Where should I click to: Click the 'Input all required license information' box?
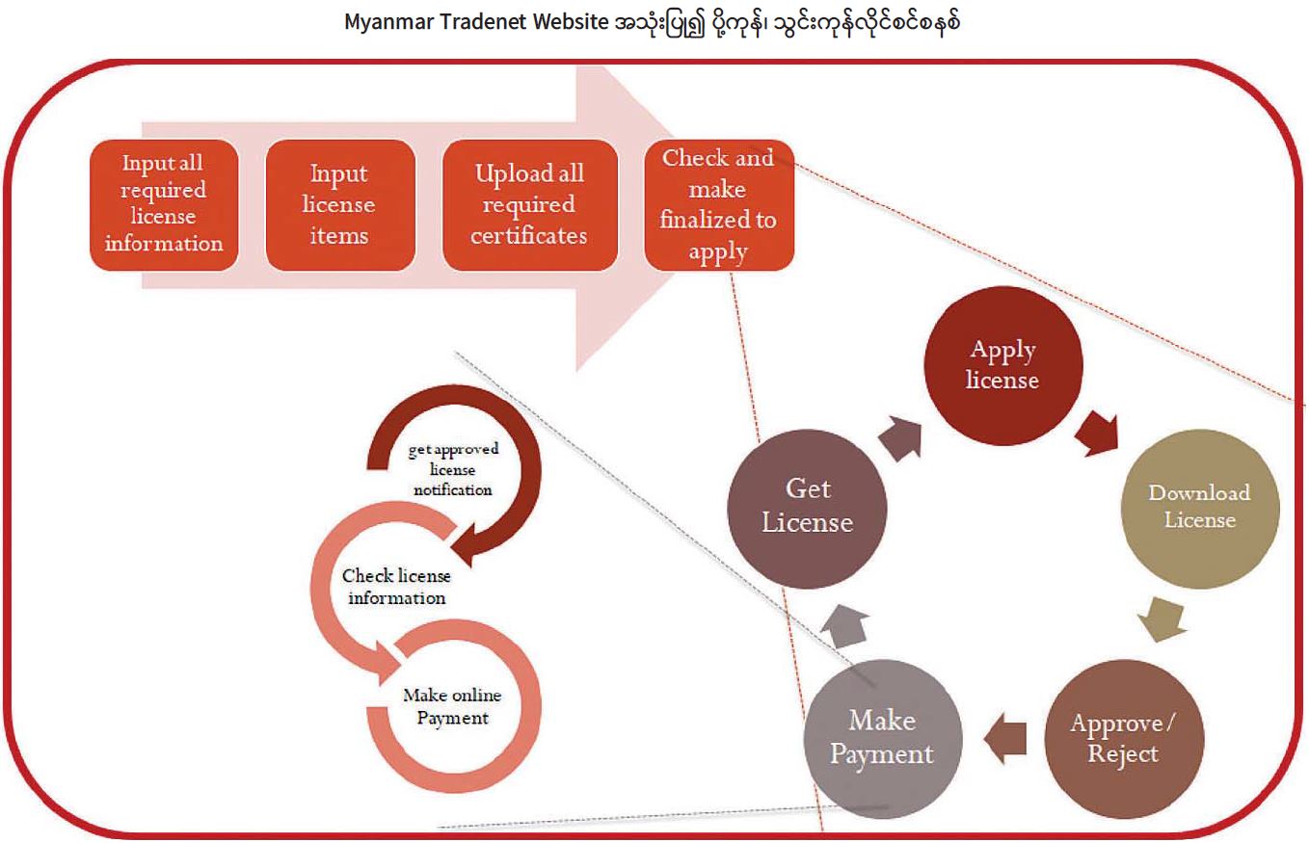(164, 204)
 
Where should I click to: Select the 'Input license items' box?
(340, 204)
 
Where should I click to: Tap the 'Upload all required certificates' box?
(529, 204)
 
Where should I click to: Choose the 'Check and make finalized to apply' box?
(719, 204)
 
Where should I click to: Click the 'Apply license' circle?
(1003, 364)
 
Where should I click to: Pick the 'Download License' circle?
(1198, 505)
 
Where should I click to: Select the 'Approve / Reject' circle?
(1123, 738)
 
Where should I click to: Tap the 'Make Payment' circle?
(882, 738)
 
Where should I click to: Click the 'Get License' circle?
(807, 505)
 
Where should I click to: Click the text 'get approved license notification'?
(452, 469)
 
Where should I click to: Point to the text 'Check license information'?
(394, 586)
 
